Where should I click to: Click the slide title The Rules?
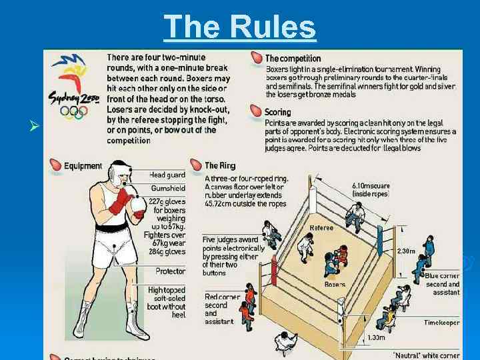click(x=239, y=27)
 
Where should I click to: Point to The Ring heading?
click(x=220, y=165)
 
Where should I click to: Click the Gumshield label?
click(x=167, y=189)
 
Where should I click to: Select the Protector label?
click(x=170, y=271)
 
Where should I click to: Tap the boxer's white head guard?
click(x=119, y=173)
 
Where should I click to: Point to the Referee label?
click(x=321, y=228)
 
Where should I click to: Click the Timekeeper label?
click(x=441, y=322)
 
